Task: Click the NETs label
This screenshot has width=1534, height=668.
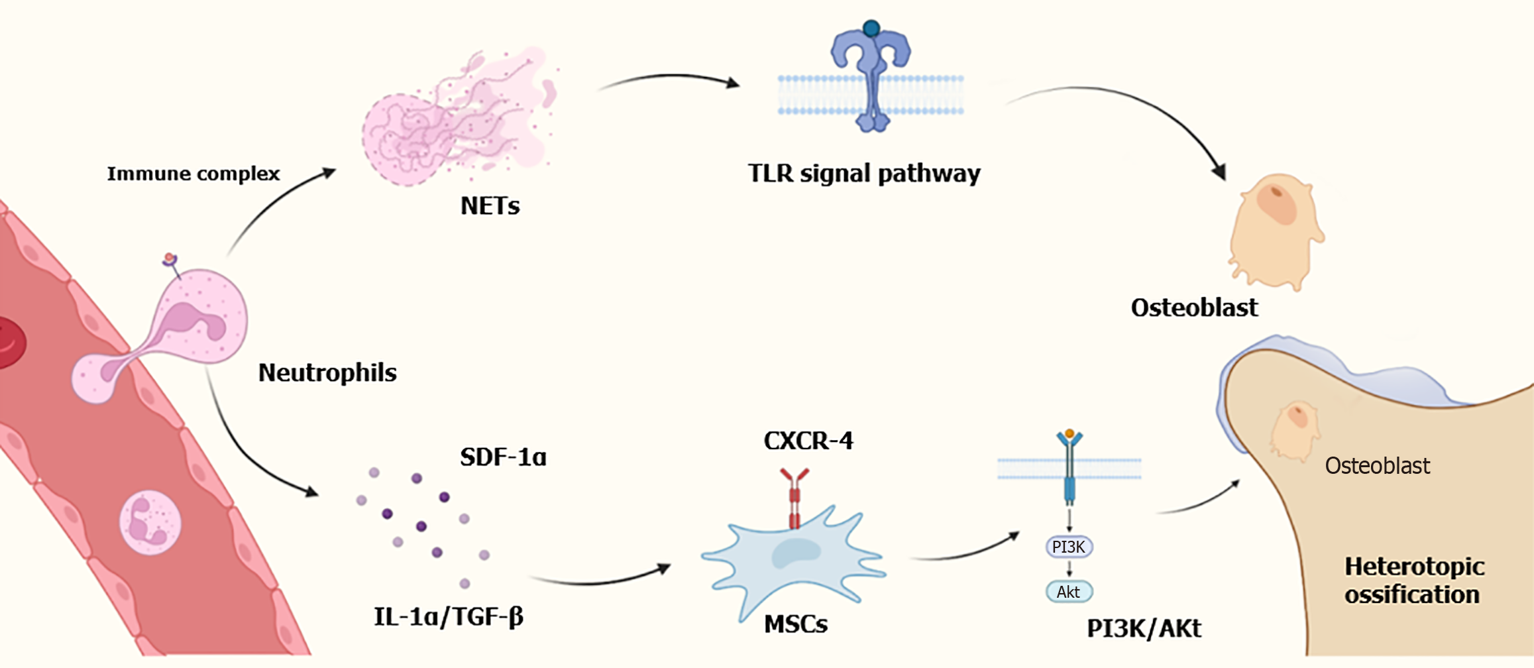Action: point(490,206)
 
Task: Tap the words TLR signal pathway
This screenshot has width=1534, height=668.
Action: point(864,174)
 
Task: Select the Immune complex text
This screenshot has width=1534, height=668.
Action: point(193,174)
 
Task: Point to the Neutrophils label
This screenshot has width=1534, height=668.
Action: point(327,372)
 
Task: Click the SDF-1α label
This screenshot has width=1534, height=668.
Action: point(503,457)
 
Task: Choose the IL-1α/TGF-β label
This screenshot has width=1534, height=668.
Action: point(449,617)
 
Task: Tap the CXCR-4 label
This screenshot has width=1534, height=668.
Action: point(808,441)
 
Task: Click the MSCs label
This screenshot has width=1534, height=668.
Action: point(796,624)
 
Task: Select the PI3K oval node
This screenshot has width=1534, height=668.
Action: point(1069,547)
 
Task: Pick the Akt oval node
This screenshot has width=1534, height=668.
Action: point(1069,592)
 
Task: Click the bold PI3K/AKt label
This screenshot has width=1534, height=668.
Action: point(1144,628)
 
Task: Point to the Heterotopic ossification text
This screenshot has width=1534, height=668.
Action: point(1414,581)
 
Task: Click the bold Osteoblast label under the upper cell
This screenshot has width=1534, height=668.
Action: point(1194,307)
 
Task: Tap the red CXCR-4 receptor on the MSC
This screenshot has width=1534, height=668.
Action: point(794,497)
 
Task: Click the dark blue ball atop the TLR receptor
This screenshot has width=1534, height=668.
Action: point(871,28)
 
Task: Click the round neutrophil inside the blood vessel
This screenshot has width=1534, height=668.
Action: point(150,522)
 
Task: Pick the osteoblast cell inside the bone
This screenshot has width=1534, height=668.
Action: point(1294,429)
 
